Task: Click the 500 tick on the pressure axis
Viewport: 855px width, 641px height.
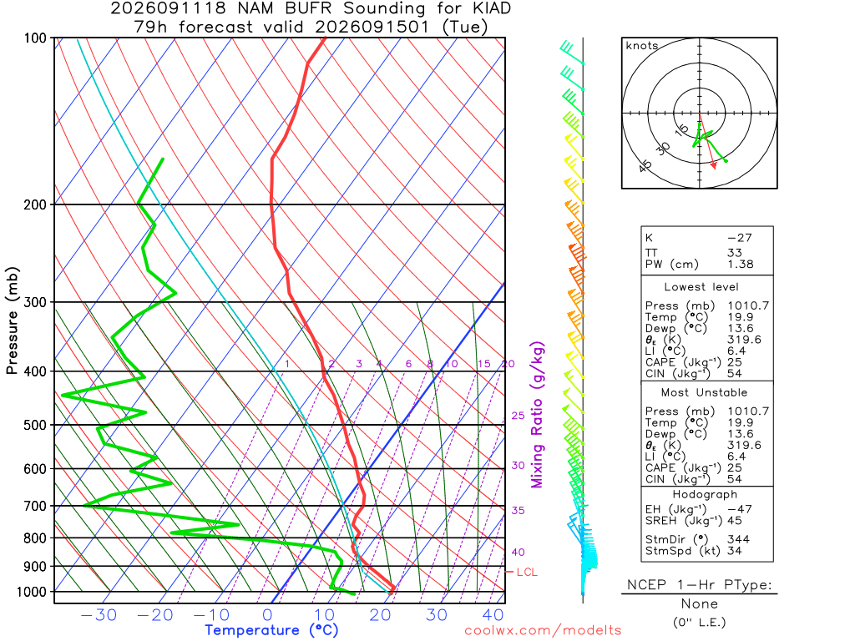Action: pos(35,425)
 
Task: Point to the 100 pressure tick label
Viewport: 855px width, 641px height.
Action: pos(35,38)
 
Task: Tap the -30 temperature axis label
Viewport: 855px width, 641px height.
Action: pos(99,615)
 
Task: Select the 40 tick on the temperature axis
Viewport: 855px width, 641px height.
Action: pos(493,615)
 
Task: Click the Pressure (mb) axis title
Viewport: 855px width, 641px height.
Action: pos(12,320)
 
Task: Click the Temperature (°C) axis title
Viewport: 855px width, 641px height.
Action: pos(271,631)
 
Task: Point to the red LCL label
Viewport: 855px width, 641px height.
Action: pos(527,573)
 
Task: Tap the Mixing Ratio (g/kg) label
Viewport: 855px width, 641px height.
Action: pos(537,415)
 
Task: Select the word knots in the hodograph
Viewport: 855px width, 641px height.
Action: pos(642,46)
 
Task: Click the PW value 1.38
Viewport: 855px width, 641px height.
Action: pos(741,265)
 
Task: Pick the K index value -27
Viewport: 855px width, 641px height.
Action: pos(740,238)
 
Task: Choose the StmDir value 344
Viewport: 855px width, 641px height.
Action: pos(739,540)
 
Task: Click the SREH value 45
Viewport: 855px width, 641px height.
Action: pos(735,521)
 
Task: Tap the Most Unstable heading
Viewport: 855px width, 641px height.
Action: pos(704,393)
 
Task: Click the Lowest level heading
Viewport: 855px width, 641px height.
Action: pos(701,287)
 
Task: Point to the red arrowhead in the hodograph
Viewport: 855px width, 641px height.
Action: pos(713,166)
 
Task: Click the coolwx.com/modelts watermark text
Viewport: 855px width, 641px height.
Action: pos(543,631)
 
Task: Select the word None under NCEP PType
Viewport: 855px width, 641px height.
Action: pos(700,604)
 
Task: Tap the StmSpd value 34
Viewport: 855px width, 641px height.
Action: pos(735,551)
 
